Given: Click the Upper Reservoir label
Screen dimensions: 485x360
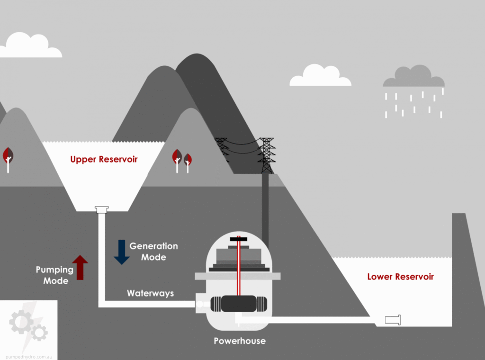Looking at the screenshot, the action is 104,159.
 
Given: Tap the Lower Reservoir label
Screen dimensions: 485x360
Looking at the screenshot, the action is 401,277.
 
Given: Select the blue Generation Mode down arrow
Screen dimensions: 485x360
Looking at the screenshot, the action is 122,252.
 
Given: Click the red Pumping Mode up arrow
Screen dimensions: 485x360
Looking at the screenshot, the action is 80,268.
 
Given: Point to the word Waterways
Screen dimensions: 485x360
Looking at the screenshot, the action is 150,293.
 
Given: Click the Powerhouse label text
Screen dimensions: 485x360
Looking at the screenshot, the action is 240,341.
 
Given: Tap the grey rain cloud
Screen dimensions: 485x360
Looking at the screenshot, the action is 414,76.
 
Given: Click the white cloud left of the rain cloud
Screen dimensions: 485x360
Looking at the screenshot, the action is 321,75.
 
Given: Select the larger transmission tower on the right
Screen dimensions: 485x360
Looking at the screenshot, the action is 266,155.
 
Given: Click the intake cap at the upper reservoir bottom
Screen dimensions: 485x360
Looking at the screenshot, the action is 102,209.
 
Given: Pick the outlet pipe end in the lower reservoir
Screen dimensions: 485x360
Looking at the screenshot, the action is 393,320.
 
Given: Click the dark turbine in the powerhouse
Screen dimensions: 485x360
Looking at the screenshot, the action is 239,304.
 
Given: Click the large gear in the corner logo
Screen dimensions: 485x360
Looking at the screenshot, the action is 21,322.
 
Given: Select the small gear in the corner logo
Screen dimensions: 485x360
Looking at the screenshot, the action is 39,333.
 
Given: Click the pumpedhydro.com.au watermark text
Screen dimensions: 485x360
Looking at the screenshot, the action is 29,357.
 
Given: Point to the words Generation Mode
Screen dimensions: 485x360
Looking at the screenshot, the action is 154,252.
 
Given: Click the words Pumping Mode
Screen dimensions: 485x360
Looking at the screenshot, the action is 55,275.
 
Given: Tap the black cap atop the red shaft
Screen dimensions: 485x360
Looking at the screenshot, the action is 239,239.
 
